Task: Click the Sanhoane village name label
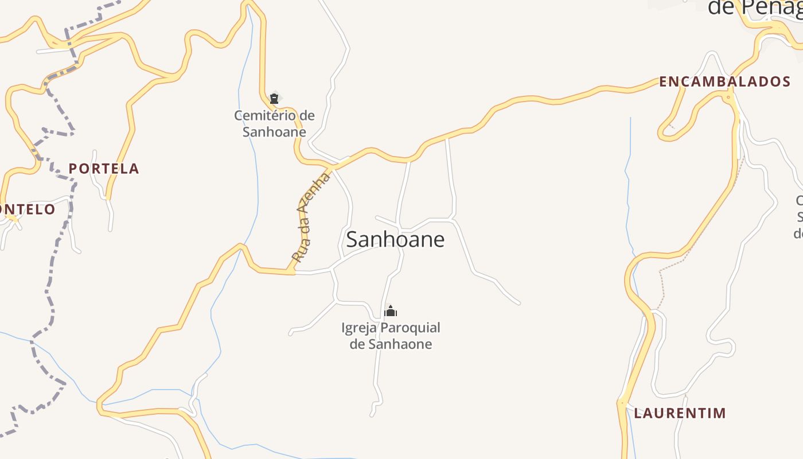(x=395, y=239)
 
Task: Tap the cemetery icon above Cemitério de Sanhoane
(x=274, y=99)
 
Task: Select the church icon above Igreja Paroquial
(x=391, y=312)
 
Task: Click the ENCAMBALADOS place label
(x=724, y=81)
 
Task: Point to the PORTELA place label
(x=104, y=169)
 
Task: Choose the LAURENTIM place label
(x=680, y=413)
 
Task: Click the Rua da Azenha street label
(x=311, y=218)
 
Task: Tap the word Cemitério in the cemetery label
(x=266, y=115)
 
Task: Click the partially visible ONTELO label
(x=28, y=209)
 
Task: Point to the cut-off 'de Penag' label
(x=754, y=7)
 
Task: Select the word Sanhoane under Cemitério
(x=274, y=132)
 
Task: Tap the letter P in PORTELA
(x=73, y=169)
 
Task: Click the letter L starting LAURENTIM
(x=638, y=413)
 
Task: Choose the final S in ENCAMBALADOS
(x=786, y=81)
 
